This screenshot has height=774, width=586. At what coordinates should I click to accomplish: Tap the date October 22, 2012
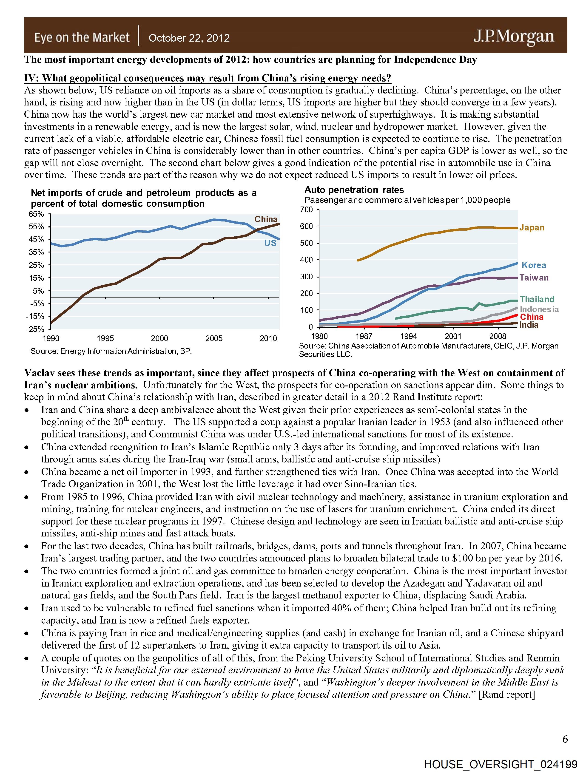[189, 38]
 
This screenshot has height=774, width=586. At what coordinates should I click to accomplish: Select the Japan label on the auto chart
[532, 228]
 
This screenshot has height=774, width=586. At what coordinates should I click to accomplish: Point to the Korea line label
[534, 265]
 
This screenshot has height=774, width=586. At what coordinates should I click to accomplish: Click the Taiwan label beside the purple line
[534, 278]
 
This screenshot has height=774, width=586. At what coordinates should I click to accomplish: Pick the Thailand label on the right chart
[537, 299]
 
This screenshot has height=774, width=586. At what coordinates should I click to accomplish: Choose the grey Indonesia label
[539, 309]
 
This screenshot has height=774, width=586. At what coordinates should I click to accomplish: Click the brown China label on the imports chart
[266, 219]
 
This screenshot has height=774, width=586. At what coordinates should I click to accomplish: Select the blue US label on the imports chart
[270, 243]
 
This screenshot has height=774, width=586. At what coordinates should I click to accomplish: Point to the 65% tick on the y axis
[36, 214]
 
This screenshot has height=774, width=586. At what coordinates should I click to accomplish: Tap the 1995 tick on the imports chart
[105, 338]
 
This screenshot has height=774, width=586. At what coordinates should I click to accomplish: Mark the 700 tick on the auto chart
[306, 210]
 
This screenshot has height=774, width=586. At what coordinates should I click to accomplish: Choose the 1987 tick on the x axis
[364, 336]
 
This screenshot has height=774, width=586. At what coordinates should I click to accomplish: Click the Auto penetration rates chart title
[354, 190]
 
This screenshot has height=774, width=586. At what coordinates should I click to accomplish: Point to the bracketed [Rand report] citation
[507, 694]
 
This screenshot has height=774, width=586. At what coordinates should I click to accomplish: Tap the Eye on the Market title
[82, 37]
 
